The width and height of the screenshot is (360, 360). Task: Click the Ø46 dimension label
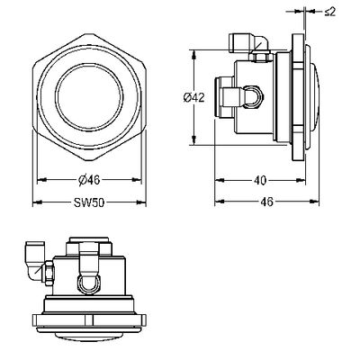(89, 180)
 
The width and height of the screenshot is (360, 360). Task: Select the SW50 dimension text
(89, 202)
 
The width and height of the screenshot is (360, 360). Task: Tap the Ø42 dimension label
(194, 97)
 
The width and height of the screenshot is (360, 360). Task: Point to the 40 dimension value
(260, 180)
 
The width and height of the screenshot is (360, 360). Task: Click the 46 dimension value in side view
(266, 202)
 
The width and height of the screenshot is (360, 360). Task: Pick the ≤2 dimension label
(330, 12)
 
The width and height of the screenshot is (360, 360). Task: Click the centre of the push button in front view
(89, 97)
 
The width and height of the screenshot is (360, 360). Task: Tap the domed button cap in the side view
(314, 97)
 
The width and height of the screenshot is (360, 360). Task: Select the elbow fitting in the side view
(248, 42)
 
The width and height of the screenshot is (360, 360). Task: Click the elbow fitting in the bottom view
(35, 260)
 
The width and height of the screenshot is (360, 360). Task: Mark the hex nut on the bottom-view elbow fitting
(48, 272)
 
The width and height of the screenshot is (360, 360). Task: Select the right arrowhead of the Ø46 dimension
(137, 180)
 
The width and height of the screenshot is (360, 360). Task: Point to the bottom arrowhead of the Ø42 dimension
(194, 140)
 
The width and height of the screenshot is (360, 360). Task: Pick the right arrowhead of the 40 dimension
(301, 180)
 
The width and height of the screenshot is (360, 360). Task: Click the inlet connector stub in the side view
(224, 97)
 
